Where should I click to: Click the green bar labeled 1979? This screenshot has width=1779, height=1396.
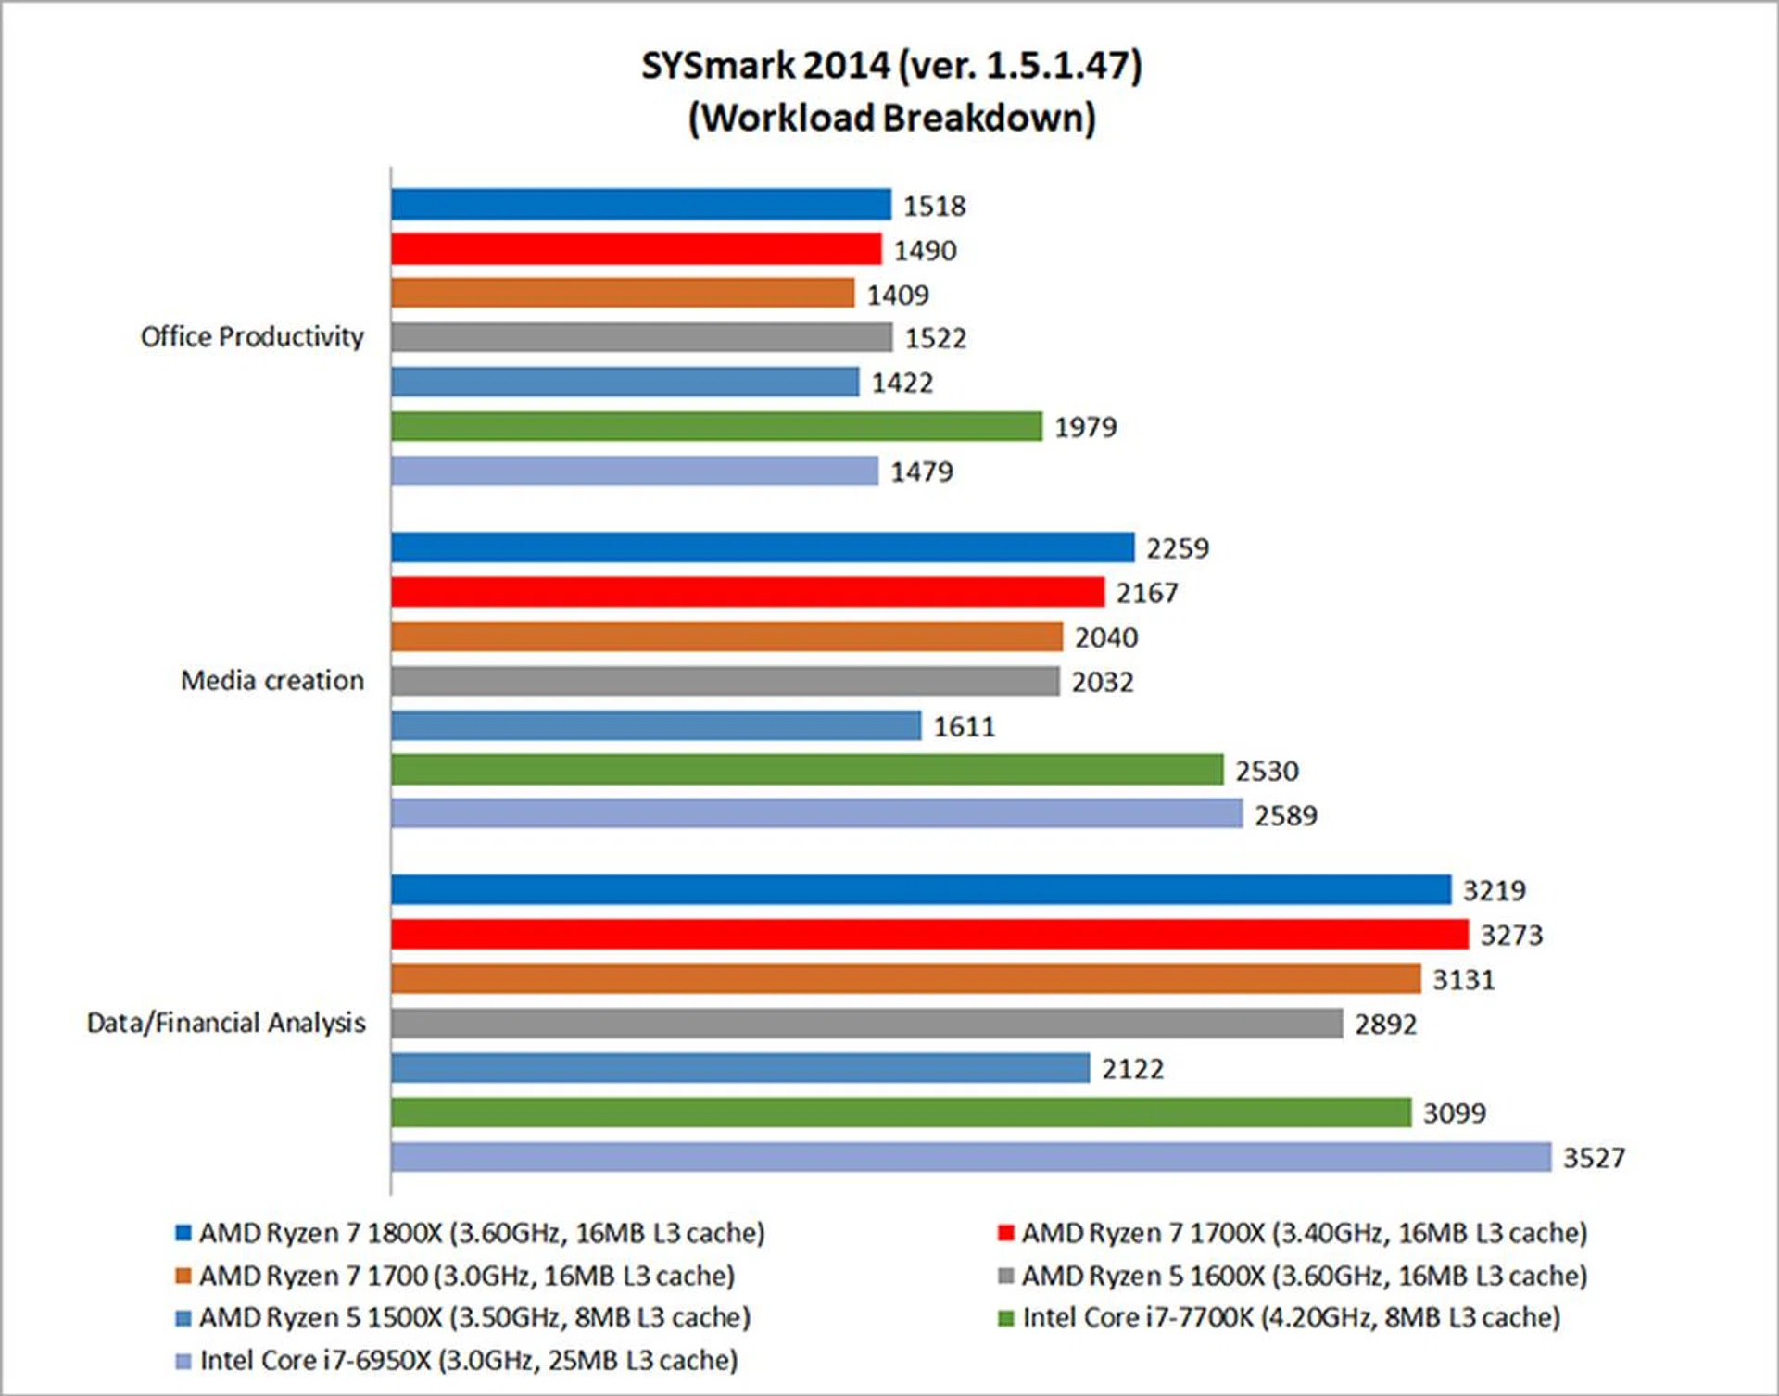(x=716, y=426)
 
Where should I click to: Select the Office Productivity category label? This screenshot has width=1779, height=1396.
(x=252, y=336)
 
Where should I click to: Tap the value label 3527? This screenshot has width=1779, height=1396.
(x=1594, y=1158)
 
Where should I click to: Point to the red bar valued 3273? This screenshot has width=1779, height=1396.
(x=929, y=934)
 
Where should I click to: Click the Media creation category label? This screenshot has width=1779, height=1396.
(x=272, y=680)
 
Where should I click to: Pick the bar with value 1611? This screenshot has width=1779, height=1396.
(x=656, y=725)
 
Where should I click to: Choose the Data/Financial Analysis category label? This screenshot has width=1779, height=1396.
(x=226, y=1023)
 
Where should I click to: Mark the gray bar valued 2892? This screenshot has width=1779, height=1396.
(x=866, y=1024)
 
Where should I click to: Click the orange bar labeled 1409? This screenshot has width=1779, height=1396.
(x=623, y=293)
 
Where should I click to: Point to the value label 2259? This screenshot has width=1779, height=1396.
(x=1178, y=548)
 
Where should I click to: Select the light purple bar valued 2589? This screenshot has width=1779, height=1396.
(x=816, y=814)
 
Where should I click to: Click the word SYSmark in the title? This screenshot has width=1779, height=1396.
(x=718, y=66)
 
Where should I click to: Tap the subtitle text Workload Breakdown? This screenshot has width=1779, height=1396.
(x=891, y=118)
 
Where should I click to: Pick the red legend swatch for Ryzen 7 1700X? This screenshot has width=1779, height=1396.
(x=1006, y=1233)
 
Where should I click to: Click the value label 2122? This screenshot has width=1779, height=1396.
(x=1132, y=1069)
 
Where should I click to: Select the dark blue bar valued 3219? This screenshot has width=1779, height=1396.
(x=921, y=889)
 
